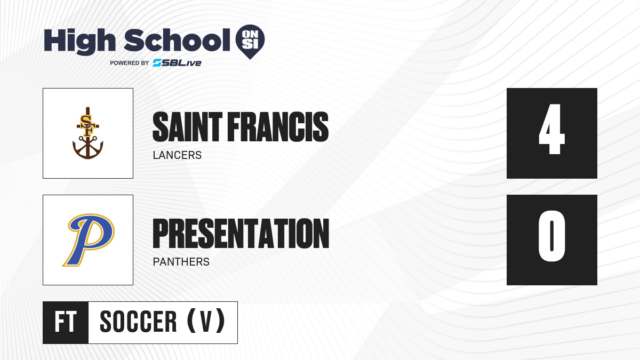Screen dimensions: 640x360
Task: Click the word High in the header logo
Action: point(79,41)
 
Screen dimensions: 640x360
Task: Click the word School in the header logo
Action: point(177,40)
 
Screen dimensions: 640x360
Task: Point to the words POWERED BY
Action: point(130,63)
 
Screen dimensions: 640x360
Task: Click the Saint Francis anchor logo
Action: point(87,133)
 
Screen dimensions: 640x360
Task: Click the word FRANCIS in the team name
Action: point(278,127)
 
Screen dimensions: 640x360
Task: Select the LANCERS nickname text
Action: point(177,155)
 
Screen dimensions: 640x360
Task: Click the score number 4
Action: point(551,129)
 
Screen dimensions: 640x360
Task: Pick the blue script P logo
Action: point(89,240)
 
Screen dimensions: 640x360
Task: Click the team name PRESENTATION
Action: point(241,234)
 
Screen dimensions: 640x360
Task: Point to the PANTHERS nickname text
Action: point(181,262)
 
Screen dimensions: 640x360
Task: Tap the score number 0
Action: point(551,236)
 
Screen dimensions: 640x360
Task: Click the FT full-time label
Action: point(66,322)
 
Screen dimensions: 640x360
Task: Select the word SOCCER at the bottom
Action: point(138,322)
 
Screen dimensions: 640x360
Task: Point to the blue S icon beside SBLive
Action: point(157,63)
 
